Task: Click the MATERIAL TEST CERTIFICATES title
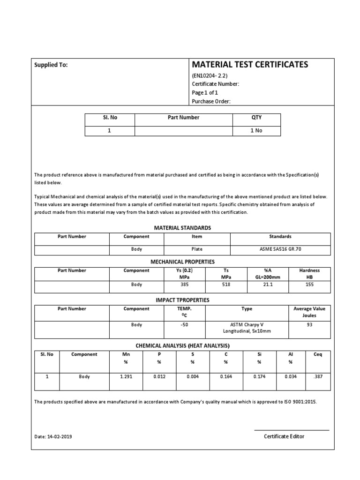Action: (x=250, y=65)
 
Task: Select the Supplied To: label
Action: (x=51, y=65)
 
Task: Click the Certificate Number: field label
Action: (x=216, y=84)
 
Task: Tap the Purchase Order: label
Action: (x=211, y=102)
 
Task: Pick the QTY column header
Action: (x=256, y=118)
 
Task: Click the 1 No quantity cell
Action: (x=256, y=131)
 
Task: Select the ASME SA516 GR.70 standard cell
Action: (x=280, y=249)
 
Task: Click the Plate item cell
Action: (x=197, y=249)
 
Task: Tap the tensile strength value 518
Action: (x=226, y=285)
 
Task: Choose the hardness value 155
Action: (x=309, y=285)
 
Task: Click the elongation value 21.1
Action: (x=268, y=285)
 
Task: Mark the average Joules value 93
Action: (x=309, y=325)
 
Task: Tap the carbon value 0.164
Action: (x=225, y=376)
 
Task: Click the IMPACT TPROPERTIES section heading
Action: (x=182, y=300)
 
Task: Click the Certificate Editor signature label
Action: (x=284, y=436)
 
